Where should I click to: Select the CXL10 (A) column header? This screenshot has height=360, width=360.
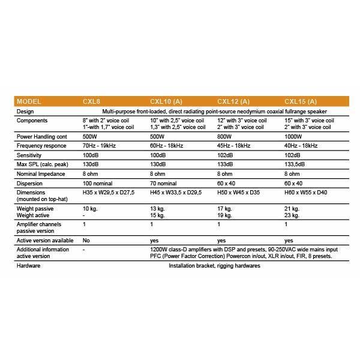pos(166,101)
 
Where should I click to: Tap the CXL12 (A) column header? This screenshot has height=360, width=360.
pos(233,101)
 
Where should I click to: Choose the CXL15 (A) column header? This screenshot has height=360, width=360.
pos(301,101)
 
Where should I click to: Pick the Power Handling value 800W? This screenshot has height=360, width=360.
pos(226,136)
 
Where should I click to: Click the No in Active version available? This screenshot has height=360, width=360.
pos(86,238)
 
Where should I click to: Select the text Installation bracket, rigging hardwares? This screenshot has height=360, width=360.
pos(214,265)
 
